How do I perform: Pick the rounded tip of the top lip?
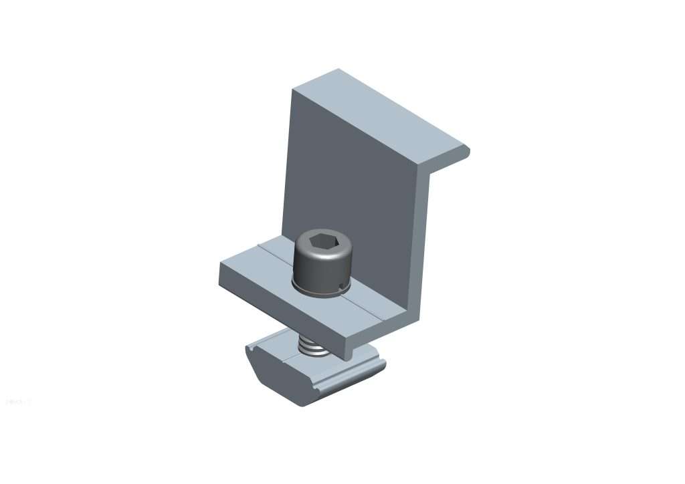pyautogui.click(x=466, y=152)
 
